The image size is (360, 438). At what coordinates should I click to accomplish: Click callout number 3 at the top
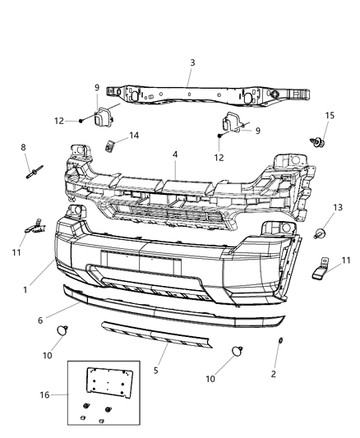pos(192,62)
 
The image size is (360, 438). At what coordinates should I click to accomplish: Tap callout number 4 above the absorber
pos(174,154)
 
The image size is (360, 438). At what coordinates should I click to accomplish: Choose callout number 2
pos(274,374)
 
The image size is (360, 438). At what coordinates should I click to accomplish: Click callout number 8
pos(23,147)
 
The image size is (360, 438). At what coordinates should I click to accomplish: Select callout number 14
pos(133,136)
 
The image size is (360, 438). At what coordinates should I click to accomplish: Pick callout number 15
pos(330,116)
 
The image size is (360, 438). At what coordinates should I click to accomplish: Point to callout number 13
pos(337,207)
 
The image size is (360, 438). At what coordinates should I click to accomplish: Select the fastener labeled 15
pos(319,145)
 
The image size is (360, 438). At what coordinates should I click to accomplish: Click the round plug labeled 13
pos(321,233)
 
